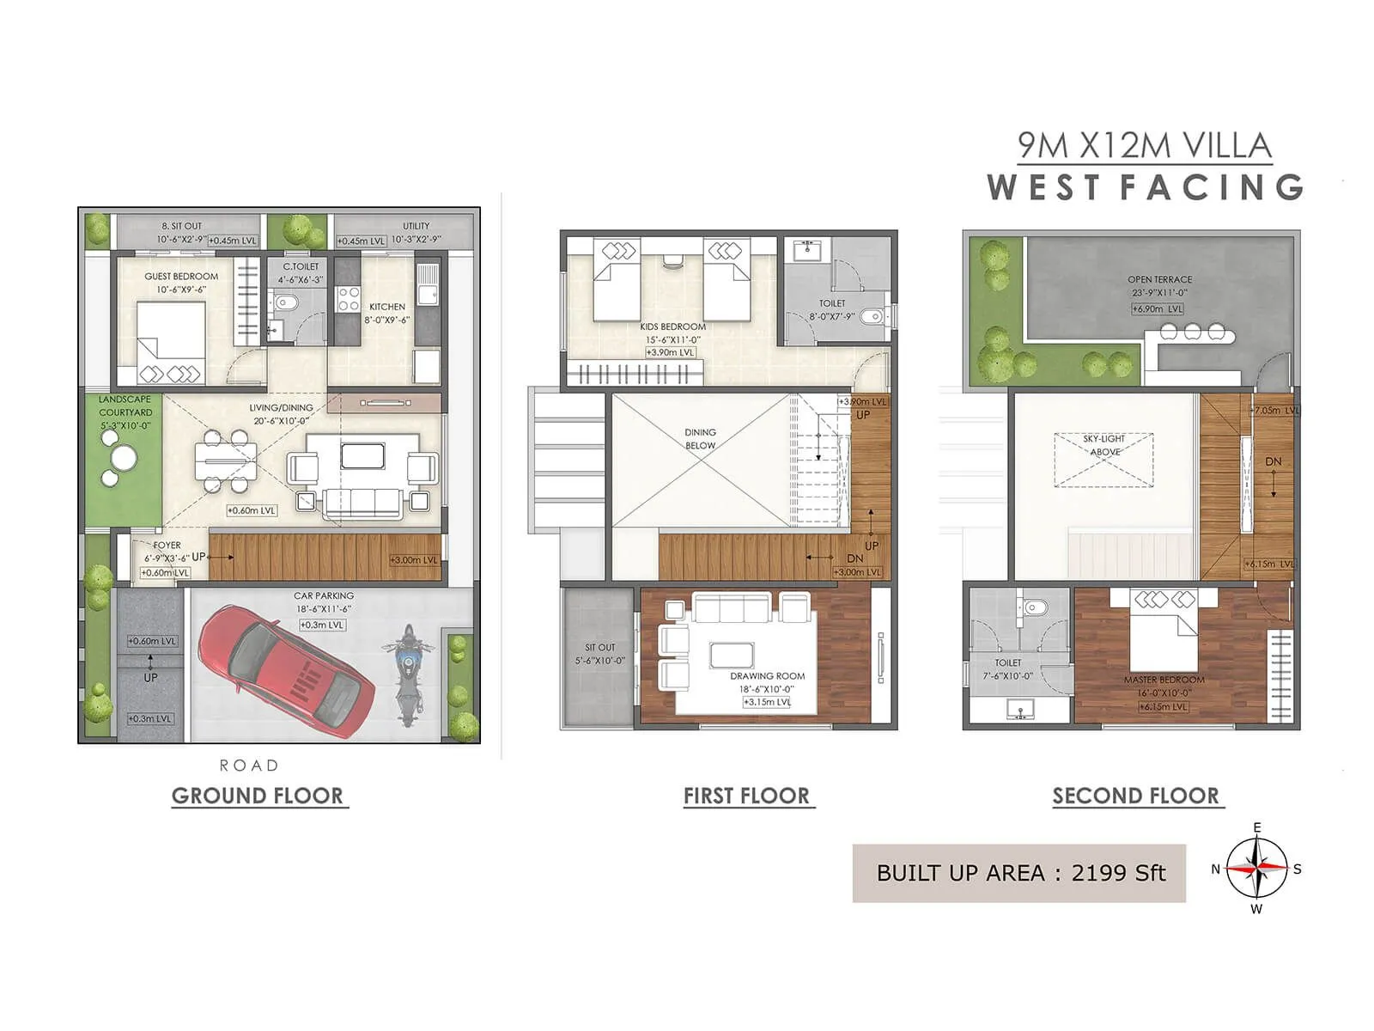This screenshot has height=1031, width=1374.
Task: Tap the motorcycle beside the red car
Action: coord(409,673)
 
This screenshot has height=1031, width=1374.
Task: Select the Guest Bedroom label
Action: coord(180,277)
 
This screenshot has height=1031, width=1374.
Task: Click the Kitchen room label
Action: coord(386,307)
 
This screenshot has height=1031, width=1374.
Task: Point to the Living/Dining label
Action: coord(281,408)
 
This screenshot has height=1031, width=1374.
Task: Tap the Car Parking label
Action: coord(323,595)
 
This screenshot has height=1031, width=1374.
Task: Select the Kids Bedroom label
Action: coord(672,326)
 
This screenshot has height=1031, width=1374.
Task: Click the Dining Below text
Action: coord(700,438)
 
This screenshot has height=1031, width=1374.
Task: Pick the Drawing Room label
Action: coord(767,676)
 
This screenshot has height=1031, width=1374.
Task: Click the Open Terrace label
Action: coord(1159,279)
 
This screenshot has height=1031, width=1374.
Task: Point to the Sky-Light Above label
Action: coord(1103,444)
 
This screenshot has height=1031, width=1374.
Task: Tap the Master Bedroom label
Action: coord(1164,680)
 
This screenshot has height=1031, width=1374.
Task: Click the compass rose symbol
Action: coord(1256,869)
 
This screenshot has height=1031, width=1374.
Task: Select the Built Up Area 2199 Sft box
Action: coord(1019,873)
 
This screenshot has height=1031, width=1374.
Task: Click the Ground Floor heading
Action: coord(258,796)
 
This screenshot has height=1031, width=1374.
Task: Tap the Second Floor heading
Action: coord(1135,796)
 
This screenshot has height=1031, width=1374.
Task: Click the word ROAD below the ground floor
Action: coord(249,765)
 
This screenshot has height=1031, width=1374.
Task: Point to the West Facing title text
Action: coord(1145,187)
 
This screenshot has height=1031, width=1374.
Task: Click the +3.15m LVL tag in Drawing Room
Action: coord(767,702)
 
